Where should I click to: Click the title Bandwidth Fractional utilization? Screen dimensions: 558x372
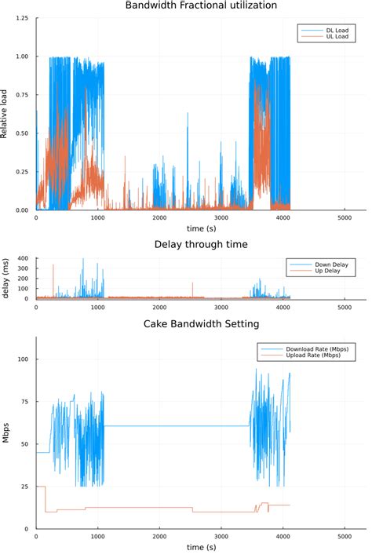click(201, 5)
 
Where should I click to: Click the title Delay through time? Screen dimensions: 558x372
click(201, 244)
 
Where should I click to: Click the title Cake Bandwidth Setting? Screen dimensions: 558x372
click(201, 323)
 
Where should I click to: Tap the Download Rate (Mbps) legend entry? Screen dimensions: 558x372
click(313, 348)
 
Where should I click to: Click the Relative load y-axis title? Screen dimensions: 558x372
click(5, 113)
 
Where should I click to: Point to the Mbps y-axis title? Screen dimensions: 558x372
click(5, 433)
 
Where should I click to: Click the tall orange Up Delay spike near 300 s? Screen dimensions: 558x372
click(53, 271)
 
